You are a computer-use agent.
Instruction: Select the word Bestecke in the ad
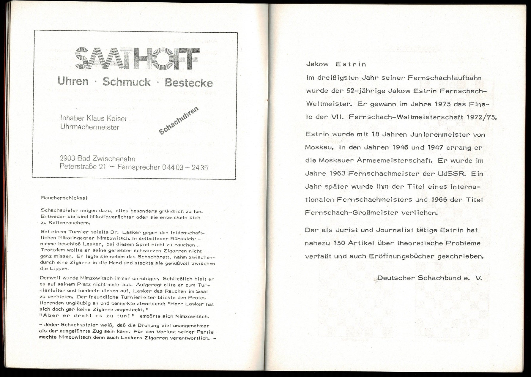(x=189, y=82)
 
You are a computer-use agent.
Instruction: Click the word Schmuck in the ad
(x=127, y=82)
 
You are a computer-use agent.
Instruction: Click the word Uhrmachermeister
(x=89, y=127)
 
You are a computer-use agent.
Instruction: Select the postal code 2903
(x=67, y=158)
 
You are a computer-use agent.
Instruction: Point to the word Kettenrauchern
(x=67, y=223)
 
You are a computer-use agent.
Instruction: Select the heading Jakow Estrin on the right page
(x=336, y=64)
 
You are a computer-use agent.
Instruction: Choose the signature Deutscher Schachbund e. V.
(x=429, y=278)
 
